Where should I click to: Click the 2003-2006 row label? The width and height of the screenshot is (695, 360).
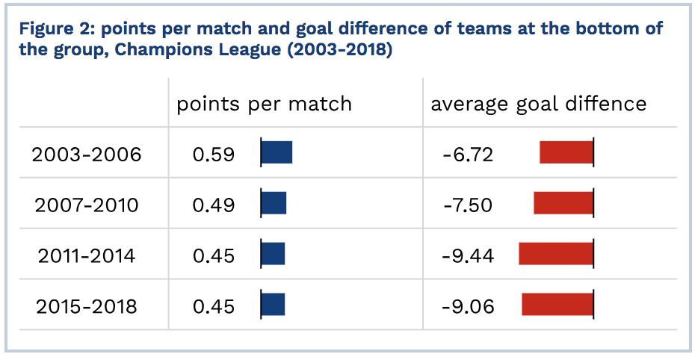coord(87,155)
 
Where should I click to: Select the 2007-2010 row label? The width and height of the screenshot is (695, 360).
coord(87,205)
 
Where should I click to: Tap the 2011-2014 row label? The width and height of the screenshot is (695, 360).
coord(87,256)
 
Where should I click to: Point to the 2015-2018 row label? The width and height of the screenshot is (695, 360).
coord(87,306)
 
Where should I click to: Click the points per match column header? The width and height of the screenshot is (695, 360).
coord(264,105)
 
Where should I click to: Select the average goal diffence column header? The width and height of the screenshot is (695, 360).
coord(539,105)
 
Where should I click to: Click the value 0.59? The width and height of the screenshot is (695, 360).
coord(213,155)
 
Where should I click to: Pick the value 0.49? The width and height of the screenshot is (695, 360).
coord(213,205)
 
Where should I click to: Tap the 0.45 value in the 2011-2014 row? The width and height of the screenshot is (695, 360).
coord(213,256)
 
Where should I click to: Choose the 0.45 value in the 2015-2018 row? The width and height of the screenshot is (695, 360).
coord(213,306)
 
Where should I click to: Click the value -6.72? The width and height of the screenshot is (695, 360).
coord(468,155)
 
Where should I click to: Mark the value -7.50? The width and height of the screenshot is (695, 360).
coord(468,205)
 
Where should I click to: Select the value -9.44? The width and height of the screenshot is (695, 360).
coord(468,256)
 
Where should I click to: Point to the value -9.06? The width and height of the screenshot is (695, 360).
coord(468,306)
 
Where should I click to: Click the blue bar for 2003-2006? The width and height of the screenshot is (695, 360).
coord(277,152)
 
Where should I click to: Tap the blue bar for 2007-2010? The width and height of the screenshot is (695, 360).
coord(274,203)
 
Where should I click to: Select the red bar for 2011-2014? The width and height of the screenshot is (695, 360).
coord(556,254)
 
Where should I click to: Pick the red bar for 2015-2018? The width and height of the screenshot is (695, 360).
coord(557,304)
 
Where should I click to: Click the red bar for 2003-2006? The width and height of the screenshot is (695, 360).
coord(566,152)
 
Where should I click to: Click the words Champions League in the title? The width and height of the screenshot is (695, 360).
coord(198,49)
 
